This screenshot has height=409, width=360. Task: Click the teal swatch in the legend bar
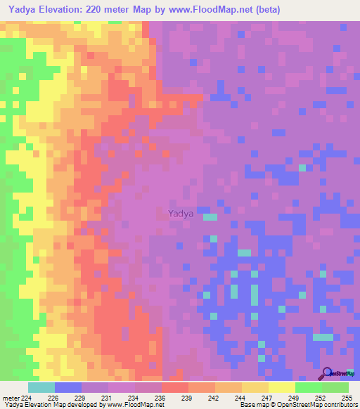pos(41,387)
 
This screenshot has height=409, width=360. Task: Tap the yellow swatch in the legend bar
pos(281,387)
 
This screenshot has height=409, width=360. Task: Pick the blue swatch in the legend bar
pos(68,387)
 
